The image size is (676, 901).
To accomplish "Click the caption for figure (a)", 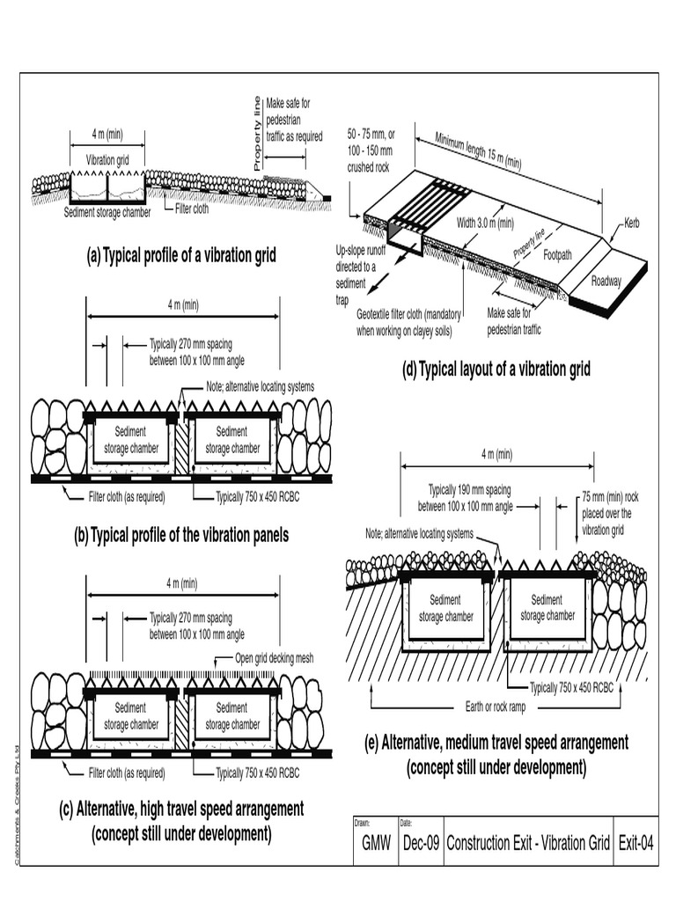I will [181, 256].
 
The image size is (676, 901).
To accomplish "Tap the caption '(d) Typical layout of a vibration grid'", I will [496, 369].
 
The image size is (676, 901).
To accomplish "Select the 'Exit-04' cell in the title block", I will [634, 843].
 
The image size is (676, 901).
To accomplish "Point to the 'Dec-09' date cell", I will [420, 843].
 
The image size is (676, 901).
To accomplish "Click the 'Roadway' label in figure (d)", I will [606, 281].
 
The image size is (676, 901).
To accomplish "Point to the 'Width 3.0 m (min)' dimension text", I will [484, 223].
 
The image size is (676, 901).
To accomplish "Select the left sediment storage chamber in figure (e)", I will [445, 608].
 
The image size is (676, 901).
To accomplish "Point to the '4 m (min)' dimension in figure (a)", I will [107, 134].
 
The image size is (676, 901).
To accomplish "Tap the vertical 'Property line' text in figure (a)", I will [257, 132].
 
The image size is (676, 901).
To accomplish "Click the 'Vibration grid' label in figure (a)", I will [107, 160].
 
